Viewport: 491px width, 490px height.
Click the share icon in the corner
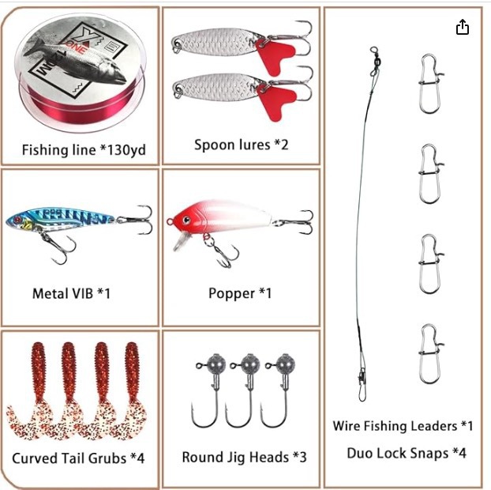pyautogui.click(x=463, y=28)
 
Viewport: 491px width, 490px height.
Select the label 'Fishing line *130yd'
pyautogui.click(x=84, y=149)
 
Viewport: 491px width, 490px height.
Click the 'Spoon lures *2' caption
pyautogui.click(x=241, y=145)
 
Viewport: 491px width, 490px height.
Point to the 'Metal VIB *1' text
pyautogui.click(x=71, y=293)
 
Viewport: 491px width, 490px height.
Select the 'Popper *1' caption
pyautogui.click(x=240, y=293)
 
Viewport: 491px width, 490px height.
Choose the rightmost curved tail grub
pyautogui.click(x=134, y=395)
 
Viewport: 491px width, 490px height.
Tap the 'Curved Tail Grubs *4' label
pyautogui.click(x=78, y=458)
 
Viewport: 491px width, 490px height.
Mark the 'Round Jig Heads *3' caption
pyautogui.click(x=244, y=457)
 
